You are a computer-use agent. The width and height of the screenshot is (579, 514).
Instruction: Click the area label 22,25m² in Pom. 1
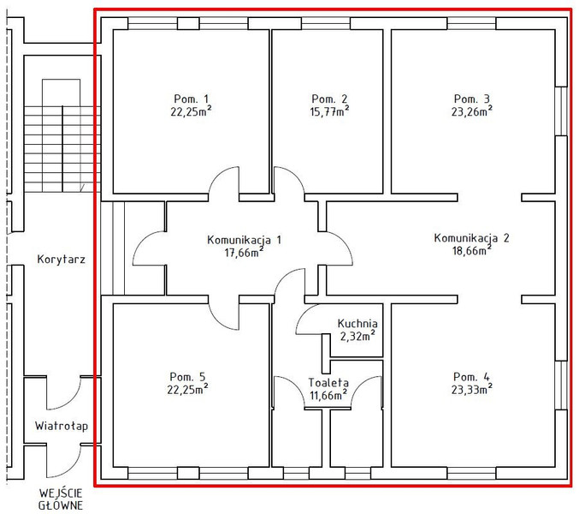[x=191, y=111]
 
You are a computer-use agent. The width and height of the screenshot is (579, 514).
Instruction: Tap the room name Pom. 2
[x=329, y=99]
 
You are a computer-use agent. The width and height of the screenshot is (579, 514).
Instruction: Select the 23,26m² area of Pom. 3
[x=471, y=111]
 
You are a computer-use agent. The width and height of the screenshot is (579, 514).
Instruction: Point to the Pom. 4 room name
[x=471, y=377]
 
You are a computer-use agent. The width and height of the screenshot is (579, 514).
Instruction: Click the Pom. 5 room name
[x=187, y=376]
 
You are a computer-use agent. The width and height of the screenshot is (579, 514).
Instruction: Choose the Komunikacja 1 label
[x=244, y=240]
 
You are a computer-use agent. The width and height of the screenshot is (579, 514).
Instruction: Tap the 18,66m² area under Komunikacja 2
[x=471, y=250]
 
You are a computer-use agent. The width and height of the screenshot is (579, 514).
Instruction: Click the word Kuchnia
[x=357, y=324]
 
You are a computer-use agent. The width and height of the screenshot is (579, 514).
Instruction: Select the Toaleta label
[x=328, y=382]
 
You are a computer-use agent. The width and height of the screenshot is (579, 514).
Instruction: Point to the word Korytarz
[x=62, y=260]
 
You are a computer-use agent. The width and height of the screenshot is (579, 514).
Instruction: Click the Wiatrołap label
[x=62, y=426]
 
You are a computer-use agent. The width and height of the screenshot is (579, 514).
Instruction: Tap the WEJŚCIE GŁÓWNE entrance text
[x=61, y=499]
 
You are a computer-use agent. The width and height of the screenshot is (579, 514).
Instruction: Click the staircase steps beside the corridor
[x=62, y=149]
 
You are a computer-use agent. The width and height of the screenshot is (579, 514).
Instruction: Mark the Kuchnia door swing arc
[x=302, y=314]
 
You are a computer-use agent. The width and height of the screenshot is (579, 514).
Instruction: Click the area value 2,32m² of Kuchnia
[x=357, y=336]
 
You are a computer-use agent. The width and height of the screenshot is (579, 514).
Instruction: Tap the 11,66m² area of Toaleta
[x=328, y=395]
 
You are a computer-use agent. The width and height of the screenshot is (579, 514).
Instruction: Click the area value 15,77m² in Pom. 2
[x=329, y=111]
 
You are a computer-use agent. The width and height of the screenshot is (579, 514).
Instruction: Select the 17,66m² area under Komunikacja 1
[x=244, y=253]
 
